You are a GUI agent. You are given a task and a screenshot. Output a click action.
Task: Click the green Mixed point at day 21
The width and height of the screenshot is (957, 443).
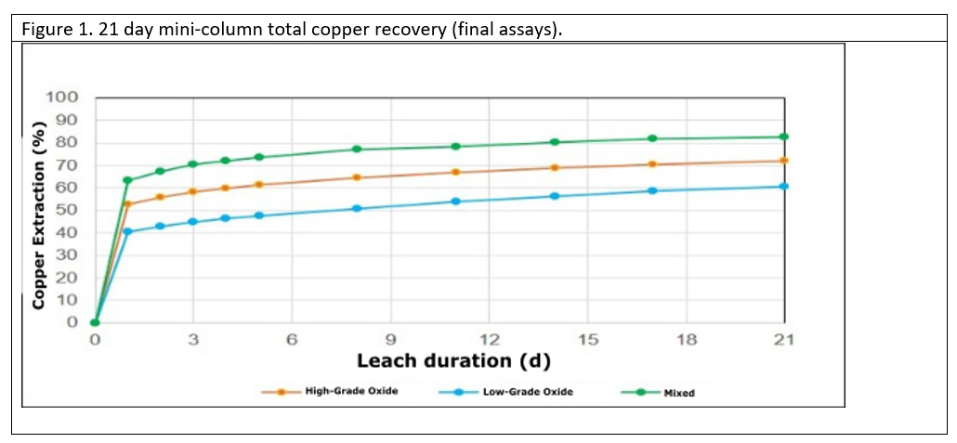click(783, 137)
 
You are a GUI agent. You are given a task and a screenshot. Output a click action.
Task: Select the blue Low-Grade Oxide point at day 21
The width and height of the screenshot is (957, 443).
click(783, 186)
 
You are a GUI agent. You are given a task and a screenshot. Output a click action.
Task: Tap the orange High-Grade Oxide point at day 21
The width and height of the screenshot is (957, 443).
click(783, 161)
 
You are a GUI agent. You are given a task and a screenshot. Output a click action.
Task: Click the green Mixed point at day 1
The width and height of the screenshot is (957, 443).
click(127, 180)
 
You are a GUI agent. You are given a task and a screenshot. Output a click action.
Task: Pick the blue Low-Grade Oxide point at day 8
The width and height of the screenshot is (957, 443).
click(357, 208)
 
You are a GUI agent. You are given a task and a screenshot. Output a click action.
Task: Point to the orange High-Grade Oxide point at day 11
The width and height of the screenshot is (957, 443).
click(455, 172)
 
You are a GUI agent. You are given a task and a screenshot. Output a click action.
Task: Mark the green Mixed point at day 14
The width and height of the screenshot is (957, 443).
click(554, 142)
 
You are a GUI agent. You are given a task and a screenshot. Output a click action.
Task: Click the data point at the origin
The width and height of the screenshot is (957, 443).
click(95, 323)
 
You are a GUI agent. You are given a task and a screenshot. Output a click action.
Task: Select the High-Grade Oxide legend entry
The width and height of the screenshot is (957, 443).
click(330, 391)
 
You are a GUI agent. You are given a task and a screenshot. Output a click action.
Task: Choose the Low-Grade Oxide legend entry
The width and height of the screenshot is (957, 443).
click(505, 392)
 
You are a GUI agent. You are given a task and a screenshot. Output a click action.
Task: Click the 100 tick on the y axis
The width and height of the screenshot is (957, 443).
click(62, 98)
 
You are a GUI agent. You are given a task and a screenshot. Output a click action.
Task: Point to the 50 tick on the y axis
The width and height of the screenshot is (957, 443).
click(68, 211)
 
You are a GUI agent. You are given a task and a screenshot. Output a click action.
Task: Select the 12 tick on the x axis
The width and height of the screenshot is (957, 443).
click(489, 340)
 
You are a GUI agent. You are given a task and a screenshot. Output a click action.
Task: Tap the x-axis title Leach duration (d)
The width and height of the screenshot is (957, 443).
click(453, 361)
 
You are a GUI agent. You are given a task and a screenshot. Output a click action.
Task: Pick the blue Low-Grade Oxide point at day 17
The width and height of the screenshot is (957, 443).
click(652, 191)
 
